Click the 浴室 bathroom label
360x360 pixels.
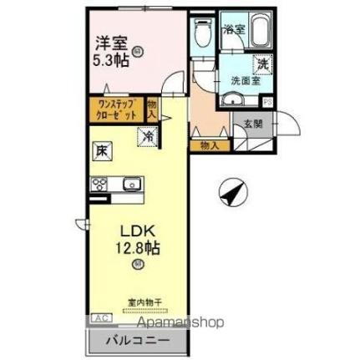click(233, 29)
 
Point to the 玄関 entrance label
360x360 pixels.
click(254, 124)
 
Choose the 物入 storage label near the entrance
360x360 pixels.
click(210, 145)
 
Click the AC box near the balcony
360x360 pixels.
click(99, 318)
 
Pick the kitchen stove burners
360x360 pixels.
click(99, 185)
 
